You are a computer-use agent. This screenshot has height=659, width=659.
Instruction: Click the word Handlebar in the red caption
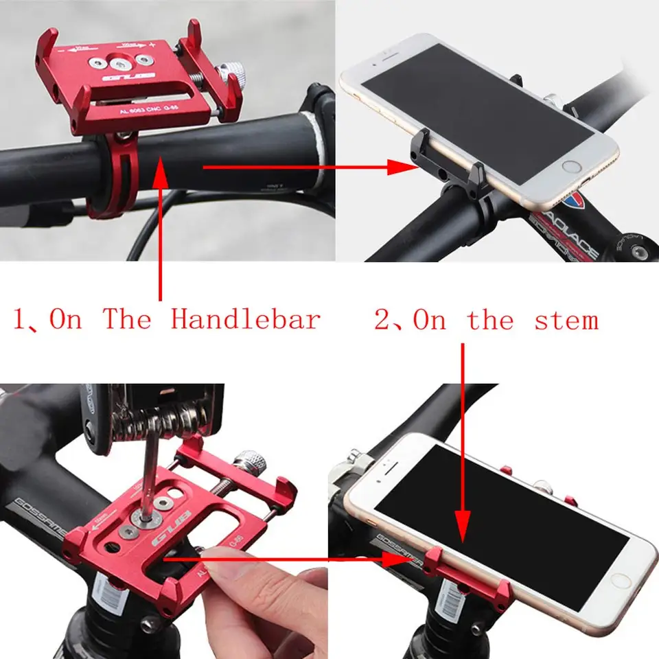point(245,320)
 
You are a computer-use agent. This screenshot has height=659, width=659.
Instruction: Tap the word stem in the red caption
point(566,320)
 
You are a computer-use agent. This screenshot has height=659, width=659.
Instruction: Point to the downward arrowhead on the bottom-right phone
point(463,531)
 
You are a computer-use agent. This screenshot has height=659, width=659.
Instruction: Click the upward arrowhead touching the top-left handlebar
point(161,170)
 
